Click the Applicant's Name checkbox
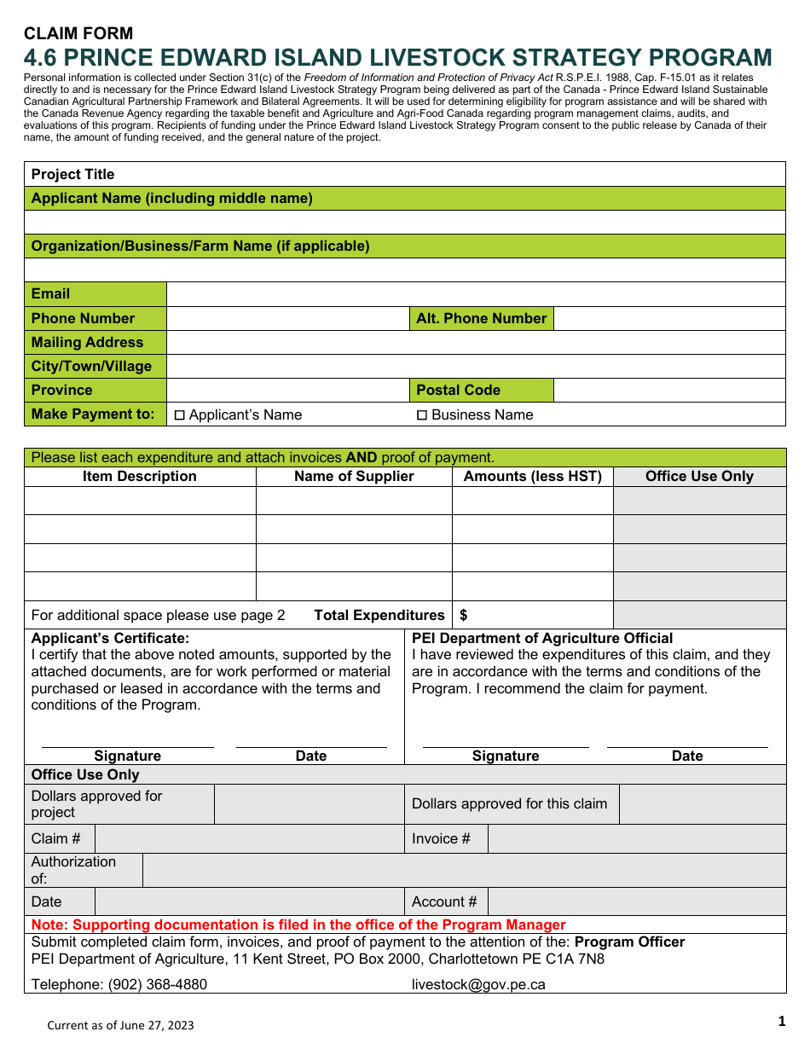pos(180,415)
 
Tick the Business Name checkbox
pos(421,415)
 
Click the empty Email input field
pos(475,294)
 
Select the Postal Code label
pos(458,390)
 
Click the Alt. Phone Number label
pos(481,318)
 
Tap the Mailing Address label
pos(87,342)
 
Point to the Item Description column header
pos(140,476)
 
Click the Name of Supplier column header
pos(354,476)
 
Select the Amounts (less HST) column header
pos(532,476)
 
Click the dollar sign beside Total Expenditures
pos(464,615)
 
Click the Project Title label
pos(72,174)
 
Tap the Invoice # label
pos(441,838)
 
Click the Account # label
pos(444,901)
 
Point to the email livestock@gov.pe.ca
pos(478,984)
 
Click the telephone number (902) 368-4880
pos(157,984)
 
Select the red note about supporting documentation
pos(298,924)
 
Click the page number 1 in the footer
pos(781,1021)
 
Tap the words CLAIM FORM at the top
pos(78,33)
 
